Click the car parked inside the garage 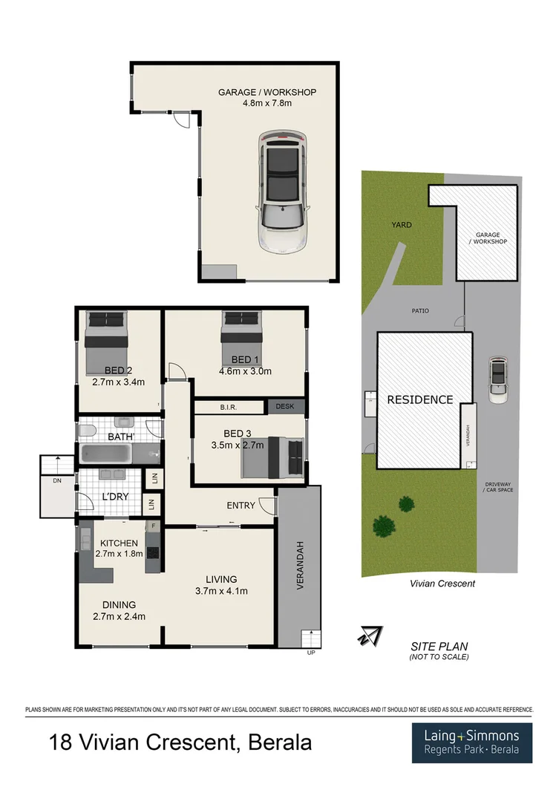(x=282, y=193)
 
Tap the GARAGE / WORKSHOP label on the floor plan (x=266, y=92)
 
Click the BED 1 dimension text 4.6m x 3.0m (x=245, y=371)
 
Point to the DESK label (x=284, y=406)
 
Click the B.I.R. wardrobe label (x=227, y=407)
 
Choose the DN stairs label (x=58, y=480)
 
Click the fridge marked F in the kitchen (x=153, y=526)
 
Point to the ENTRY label (x=241, y=506)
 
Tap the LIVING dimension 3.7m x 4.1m (x=221, y=591)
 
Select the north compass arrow (x=370, y=636)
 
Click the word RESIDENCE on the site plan (x=420, y=399)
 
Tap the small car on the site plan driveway (x=499, y=379)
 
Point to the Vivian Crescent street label (x=442, y=584)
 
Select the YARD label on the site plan (x=402, y=224)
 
